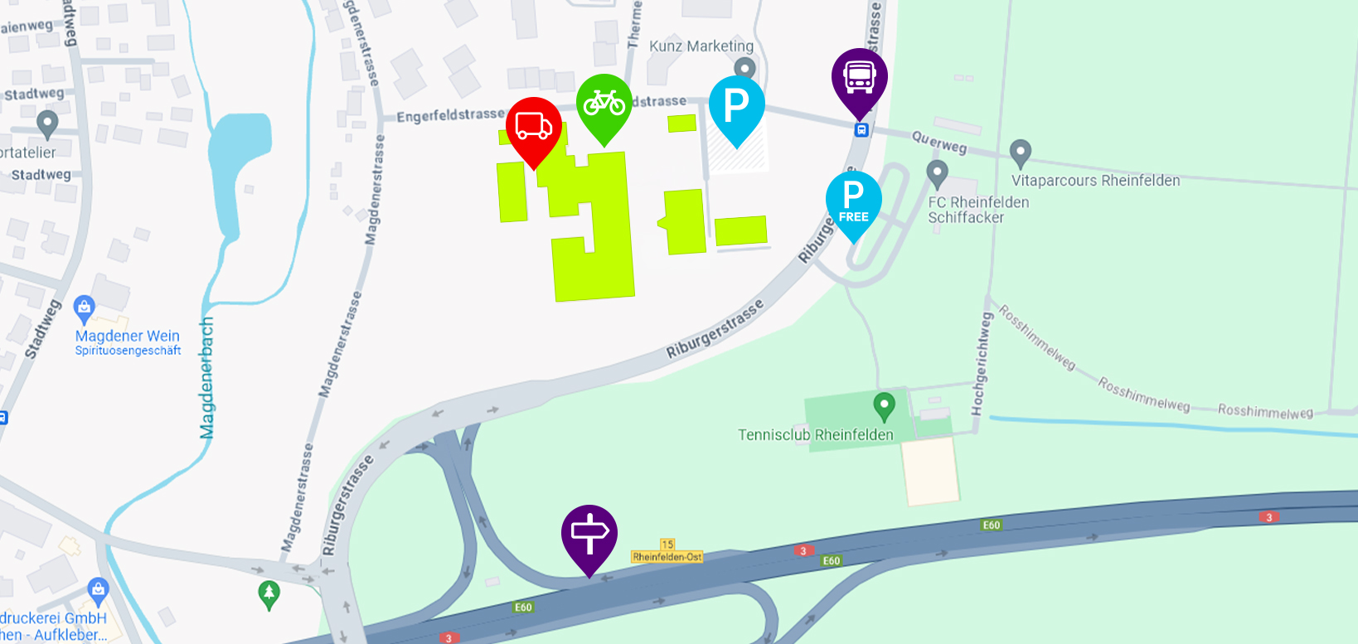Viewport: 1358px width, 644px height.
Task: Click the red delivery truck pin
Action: [534, 127]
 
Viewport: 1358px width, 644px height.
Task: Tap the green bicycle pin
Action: [604, 104]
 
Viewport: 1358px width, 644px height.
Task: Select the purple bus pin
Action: [860, 78]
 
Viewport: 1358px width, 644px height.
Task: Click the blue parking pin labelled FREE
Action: [853, 201]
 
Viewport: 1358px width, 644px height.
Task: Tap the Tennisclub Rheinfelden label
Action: [816, 434]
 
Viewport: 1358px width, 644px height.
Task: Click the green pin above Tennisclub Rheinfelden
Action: [885, 406]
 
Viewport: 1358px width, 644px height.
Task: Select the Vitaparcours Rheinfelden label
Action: [1095, 181]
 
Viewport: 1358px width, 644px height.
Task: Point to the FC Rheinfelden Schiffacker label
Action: [977, 210]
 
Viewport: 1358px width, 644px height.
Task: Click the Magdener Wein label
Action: [128, 337]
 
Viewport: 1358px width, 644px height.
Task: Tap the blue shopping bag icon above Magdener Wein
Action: [84, 309]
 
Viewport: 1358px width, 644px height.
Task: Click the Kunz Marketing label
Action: [701, 46]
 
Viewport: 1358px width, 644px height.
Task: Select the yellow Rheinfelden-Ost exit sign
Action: [667, 556]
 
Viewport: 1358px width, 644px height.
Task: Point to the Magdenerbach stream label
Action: [207, 377]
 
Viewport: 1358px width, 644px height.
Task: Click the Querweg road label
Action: [939, 142]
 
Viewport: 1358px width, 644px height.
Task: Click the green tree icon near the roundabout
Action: [269, 593]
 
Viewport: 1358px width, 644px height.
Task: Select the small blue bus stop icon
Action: [861, 130]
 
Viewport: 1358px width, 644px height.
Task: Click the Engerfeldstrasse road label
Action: [450, 115]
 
